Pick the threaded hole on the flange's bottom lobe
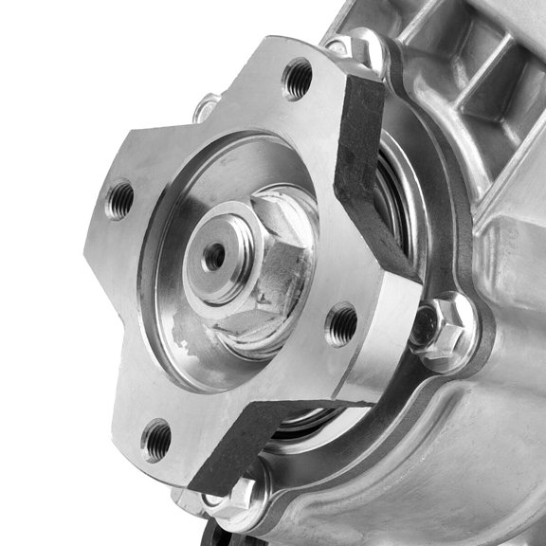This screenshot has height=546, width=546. point(157,439)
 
